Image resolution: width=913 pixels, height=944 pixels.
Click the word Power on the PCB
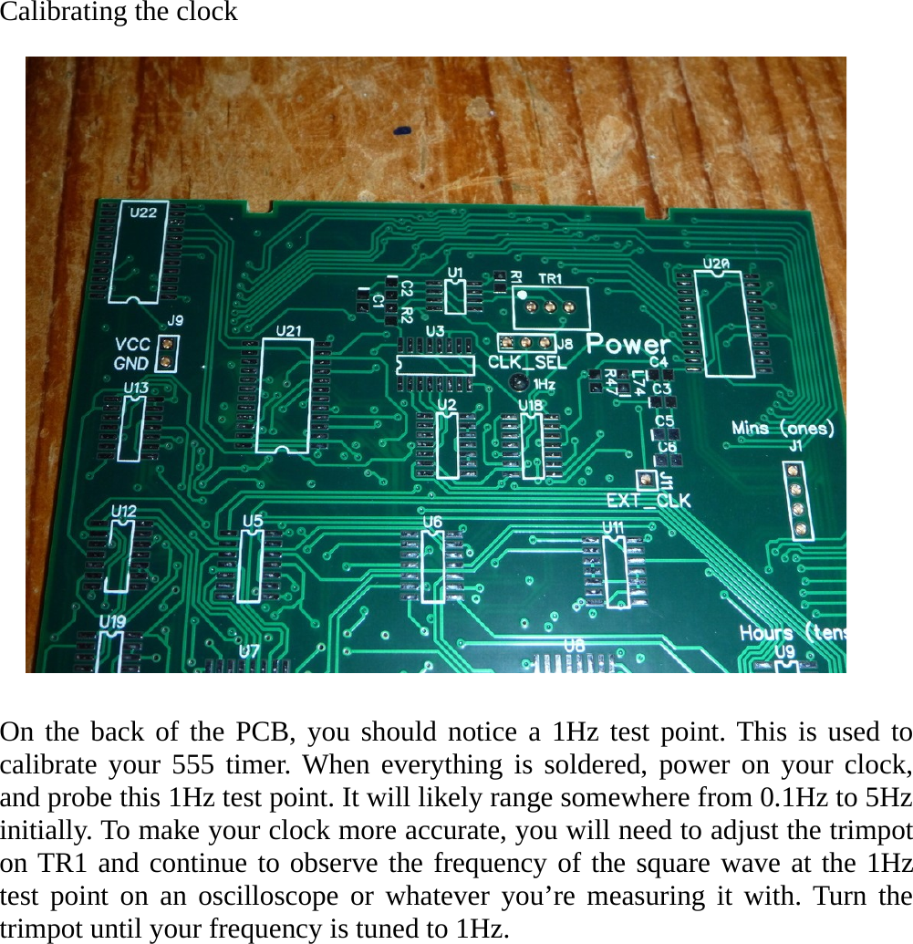click(x=628, y=345)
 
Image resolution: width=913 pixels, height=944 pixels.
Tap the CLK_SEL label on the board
click(x=527, y=362)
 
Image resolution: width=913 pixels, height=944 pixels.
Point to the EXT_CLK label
click(x=648, y=500)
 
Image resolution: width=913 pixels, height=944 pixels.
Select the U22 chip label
click(x=143, y=213)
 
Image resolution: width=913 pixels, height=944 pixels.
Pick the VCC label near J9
click(x=132, y=345)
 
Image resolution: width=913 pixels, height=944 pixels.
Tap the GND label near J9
click(x=132, y=363)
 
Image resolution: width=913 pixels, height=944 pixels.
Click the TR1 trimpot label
click(x=550, y=277)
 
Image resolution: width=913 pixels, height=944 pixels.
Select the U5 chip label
click(x=253, y=521)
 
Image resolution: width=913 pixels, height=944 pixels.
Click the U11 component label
click(x=613, y=527)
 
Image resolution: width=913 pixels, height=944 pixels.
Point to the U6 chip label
click(x=432, y=521)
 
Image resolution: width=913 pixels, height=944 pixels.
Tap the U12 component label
click(x=124, y=511)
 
